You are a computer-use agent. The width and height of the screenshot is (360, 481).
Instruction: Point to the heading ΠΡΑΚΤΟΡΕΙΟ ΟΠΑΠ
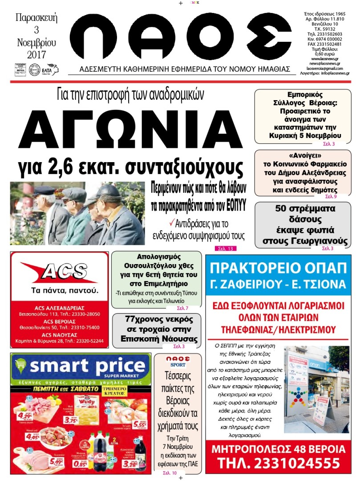(x=278, y=269)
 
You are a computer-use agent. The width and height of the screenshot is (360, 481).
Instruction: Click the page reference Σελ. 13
(x=225, y=249)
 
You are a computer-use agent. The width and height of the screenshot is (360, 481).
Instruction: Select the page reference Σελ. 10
(x=170, y=473)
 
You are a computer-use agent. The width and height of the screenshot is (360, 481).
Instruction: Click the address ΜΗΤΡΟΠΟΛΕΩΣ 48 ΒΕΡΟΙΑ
(x=278, y=448)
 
